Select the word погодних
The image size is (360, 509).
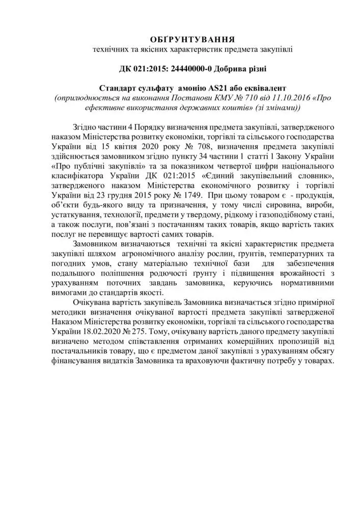[67, 263]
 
